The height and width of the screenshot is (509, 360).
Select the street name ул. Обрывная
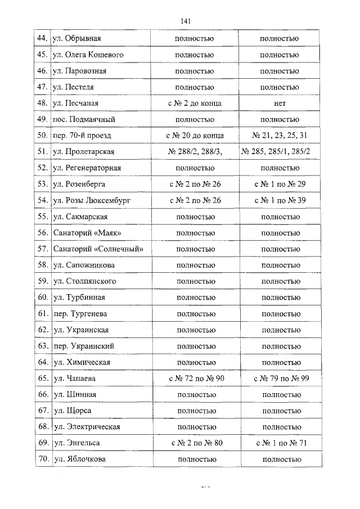coord(76,39)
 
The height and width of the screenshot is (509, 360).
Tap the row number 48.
coord(41,103)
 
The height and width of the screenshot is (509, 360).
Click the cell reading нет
coord(280,103)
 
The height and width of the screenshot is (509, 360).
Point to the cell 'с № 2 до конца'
coord(195,103)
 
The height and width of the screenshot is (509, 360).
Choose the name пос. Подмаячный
coord(84,120)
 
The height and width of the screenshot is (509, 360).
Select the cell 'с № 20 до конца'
coord(195,136)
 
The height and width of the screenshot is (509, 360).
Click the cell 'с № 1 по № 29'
coord(280,184)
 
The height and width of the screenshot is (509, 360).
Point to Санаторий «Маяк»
coord(87,233)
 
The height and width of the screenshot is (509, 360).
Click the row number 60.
coord(42,298)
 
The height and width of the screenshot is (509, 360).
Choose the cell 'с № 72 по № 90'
coord(196,379)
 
